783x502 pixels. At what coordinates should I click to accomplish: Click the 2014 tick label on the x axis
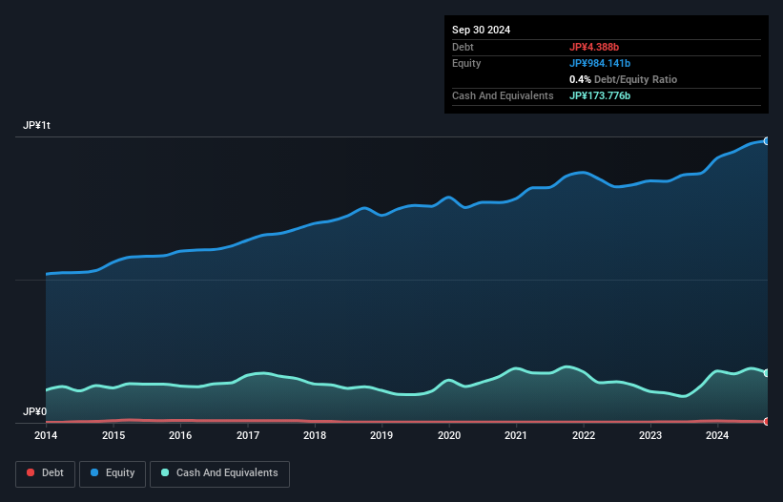tap(46, 436)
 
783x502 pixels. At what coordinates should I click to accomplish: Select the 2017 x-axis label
tap(247, 436)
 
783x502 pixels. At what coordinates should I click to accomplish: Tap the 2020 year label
tap(449, 436)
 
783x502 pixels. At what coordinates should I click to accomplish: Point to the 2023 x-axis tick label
tap(650, 436)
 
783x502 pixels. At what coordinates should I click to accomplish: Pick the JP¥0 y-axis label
tap(34, 412)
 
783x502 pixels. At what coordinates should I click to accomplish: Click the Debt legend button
tap(44, 472)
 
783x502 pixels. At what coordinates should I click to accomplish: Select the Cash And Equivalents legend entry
tap(219, 472)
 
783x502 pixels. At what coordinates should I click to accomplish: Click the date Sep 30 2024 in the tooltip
tap(482, 30)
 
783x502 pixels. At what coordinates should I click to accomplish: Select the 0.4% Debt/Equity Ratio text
tap(623, 79)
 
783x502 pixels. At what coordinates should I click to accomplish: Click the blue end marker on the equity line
tap(766, 141)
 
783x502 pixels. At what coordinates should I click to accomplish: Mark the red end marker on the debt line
tap(766, 421)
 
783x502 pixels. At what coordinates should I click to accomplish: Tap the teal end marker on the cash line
tap(766, 373)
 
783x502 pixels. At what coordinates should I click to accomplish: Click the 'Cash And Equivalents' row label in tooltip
tap(503, 95)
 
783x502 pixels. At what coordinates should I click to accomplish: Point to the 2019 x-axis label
tap(381, 436)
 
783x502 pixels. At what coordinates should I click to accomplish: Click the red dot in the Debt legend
tap(31, 473)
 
